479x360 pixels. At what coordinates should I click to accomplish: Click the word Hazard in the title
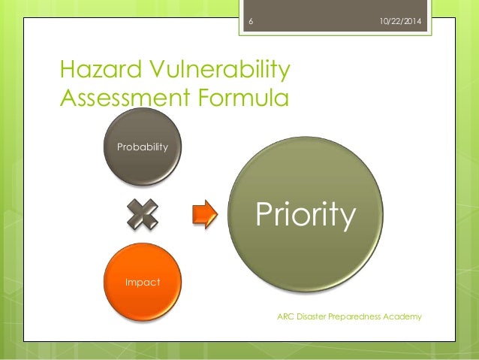click(95, 71)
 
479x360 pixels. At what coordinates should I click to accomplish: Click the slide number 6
click(250, 23)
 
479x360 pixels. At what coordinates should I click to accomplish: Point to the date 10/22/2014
click(400, 23)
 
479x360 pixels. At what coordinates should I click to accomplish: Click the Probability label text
click(142, 147)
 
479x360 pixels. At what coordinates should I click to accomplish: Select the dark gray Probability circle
click(142, 162)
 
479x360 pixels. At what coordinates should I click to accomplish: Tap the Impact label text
click(142, 281)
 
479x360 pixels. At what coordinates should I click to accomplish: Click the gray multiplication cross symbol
click(143, 215)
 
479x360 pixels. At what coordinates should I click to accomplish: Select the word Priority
click(305, 215)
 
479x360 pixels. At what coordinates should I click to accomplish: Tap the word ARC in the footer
click(286, 316)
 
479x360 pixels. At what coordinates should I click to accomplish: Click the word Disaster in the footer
click(315, 316)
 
